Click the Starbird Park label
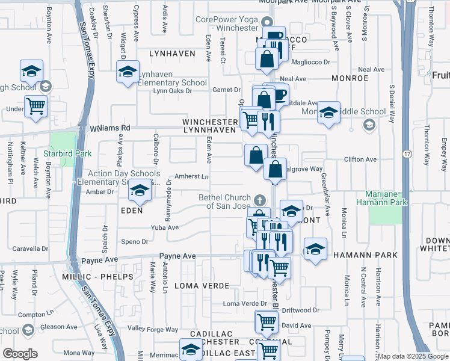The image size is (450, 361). (67, 154)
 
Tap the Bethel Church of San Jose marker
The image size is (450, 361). (259, 199)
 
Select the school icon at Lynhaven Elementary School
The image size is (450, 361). (128, 72)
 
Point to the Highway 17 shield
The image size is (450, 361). (407, 154)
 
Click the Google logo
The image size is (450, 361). (20, 353)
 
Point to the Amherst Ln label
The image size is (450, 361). (191, 176)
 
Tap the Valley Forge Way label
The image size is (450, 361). (153, 329)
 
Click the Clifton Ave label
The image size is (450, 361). (360, 159)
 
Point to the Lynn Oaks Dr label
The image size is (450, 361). (172, 91)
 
